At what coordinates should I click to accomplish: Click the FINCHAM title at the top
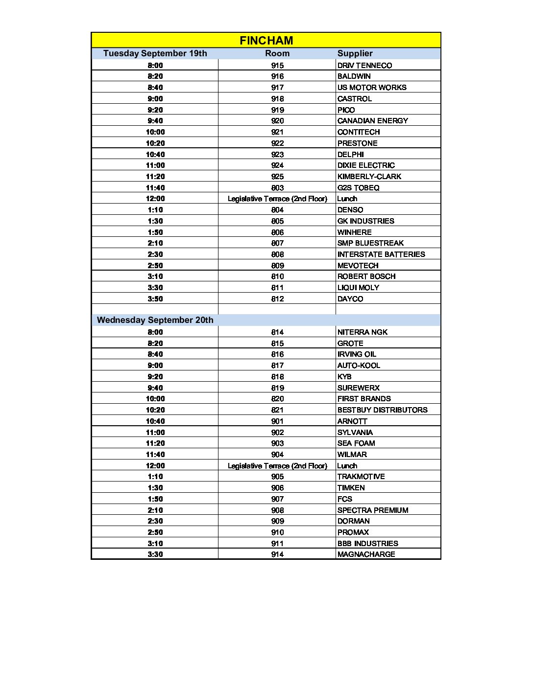click(x=266, y=41)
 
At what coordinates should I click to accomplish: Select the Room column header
click(x=277, y=53)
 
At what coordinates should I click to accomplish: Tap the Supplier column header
click(x=355, y=53)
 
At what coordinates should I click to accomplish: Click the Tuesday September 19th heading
click(x=155, y=53)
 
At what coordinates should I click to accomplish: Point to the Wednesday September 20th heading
click(x=155, y=320)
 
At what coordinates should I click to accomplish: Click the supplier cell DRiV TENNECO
click(x=364, y=66)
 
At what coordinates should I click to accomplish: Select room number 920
click(x=277, y=121)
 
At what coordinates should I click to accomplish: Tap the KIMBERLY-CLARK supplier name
click(x=369, y=177)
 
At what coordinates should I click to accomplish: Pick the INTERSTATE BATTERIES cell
click(x=381, y=254)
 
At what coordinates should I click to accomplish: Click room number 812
click(x=277, y=299)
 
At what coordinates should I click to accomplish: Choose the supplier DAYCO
click(x=350, y=299)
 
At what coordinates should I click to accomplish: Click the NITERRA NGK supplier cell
click(x=362, y=332)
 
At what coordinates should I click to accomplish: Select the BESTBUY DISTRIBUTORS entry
click(x=382, y=410)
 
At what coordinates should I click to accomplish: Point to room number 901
click(x=277, y=421)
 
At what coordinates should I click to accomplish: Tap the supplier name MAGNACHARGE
click(x=366, y=554)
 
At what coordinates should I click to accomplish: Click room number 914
click(x=277, y=554)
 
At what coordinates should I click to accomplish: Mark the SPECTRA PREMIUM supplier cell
click(x=372, y=510)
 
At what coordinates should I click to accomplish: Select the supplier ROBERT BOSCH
click(x=366, y=276)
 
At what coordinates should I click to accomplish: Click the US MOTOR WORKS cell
click(x=372, y=88)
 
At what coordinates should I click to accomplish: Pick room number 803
click(x=277, y=188)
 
